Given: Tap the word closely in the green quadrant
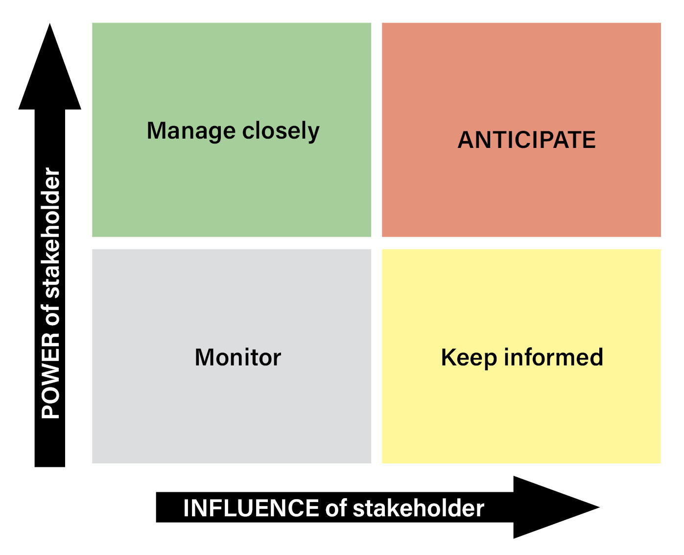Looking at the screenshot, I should pyautogui.click(x=281, y=131).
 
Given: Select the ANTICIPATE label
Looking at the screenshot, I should pyautogui.click(x=526, y=140).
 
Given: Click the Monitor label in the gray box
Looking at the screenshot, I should pyautogui.click(x=238, y=358).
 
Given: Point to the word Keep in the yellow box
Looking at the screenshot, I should pyautogui.click(x=469, y=358).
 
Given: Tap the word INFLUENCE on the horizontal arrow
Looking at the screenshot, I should pyautogui.click(x=251, y=508).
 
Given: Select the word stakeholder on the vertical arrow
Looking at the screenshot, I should pyautogui.click(x=51, y=233).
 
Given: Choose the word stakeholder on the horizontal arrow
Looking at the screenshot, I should pyautogui.click(x=418, y=508).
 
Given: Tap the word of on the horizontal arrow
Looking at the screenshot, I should pyautogui.click(x=336, y=508).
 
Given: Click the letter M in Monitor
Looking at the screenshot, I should pyautogui.click(x=204, y=358).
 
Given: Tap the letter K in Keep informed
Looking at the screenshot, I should pyautogui.click(x=448, y=358).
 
